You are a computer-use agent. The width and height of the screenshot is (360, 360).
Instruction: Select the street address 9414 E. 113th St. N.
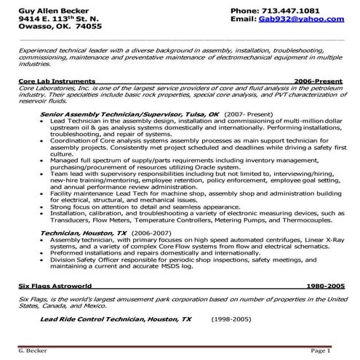tap(52, 20)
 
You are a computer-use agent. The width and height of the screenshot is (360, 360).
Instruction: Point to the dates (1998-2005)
tap(231, 319)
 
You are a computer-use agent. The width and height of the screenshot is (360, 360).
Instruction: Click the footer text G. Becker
tap(31, 351)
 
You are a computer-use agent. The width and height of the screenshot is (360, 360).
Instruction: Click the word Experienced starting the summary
tap(41, 52)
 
